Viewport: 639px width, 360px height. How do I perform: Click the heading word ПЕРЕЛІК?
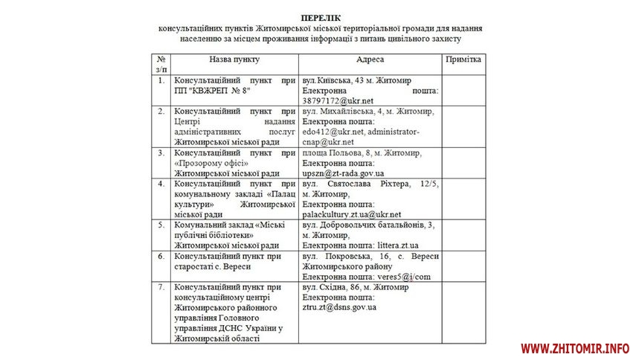pyautogui.click(x=319, y=16)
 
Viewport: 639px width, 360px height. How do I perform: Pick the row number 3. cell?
pyautogui.click(x=161, y=152)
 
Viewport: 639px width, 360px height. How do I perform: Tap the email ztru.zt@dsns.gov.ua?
pyautogui.click(x=339, y=307)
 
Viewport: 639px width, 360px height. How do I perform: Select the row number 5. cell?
pyautogui.click(x=161, y=225)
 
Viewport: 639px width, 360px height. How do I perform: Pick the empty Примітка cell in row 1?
pyautogui.click(x=463, y=90)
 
